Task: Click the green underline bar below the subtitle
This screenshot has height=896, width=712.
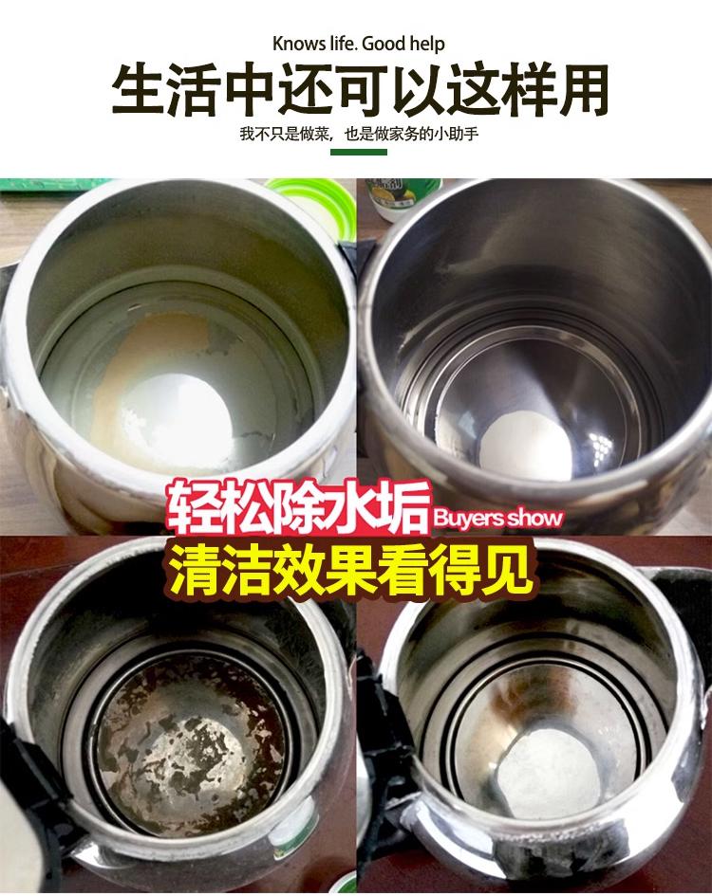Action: point(359,152)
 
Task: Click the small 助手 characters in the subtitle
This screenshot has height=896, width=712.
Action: point(463,134)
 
